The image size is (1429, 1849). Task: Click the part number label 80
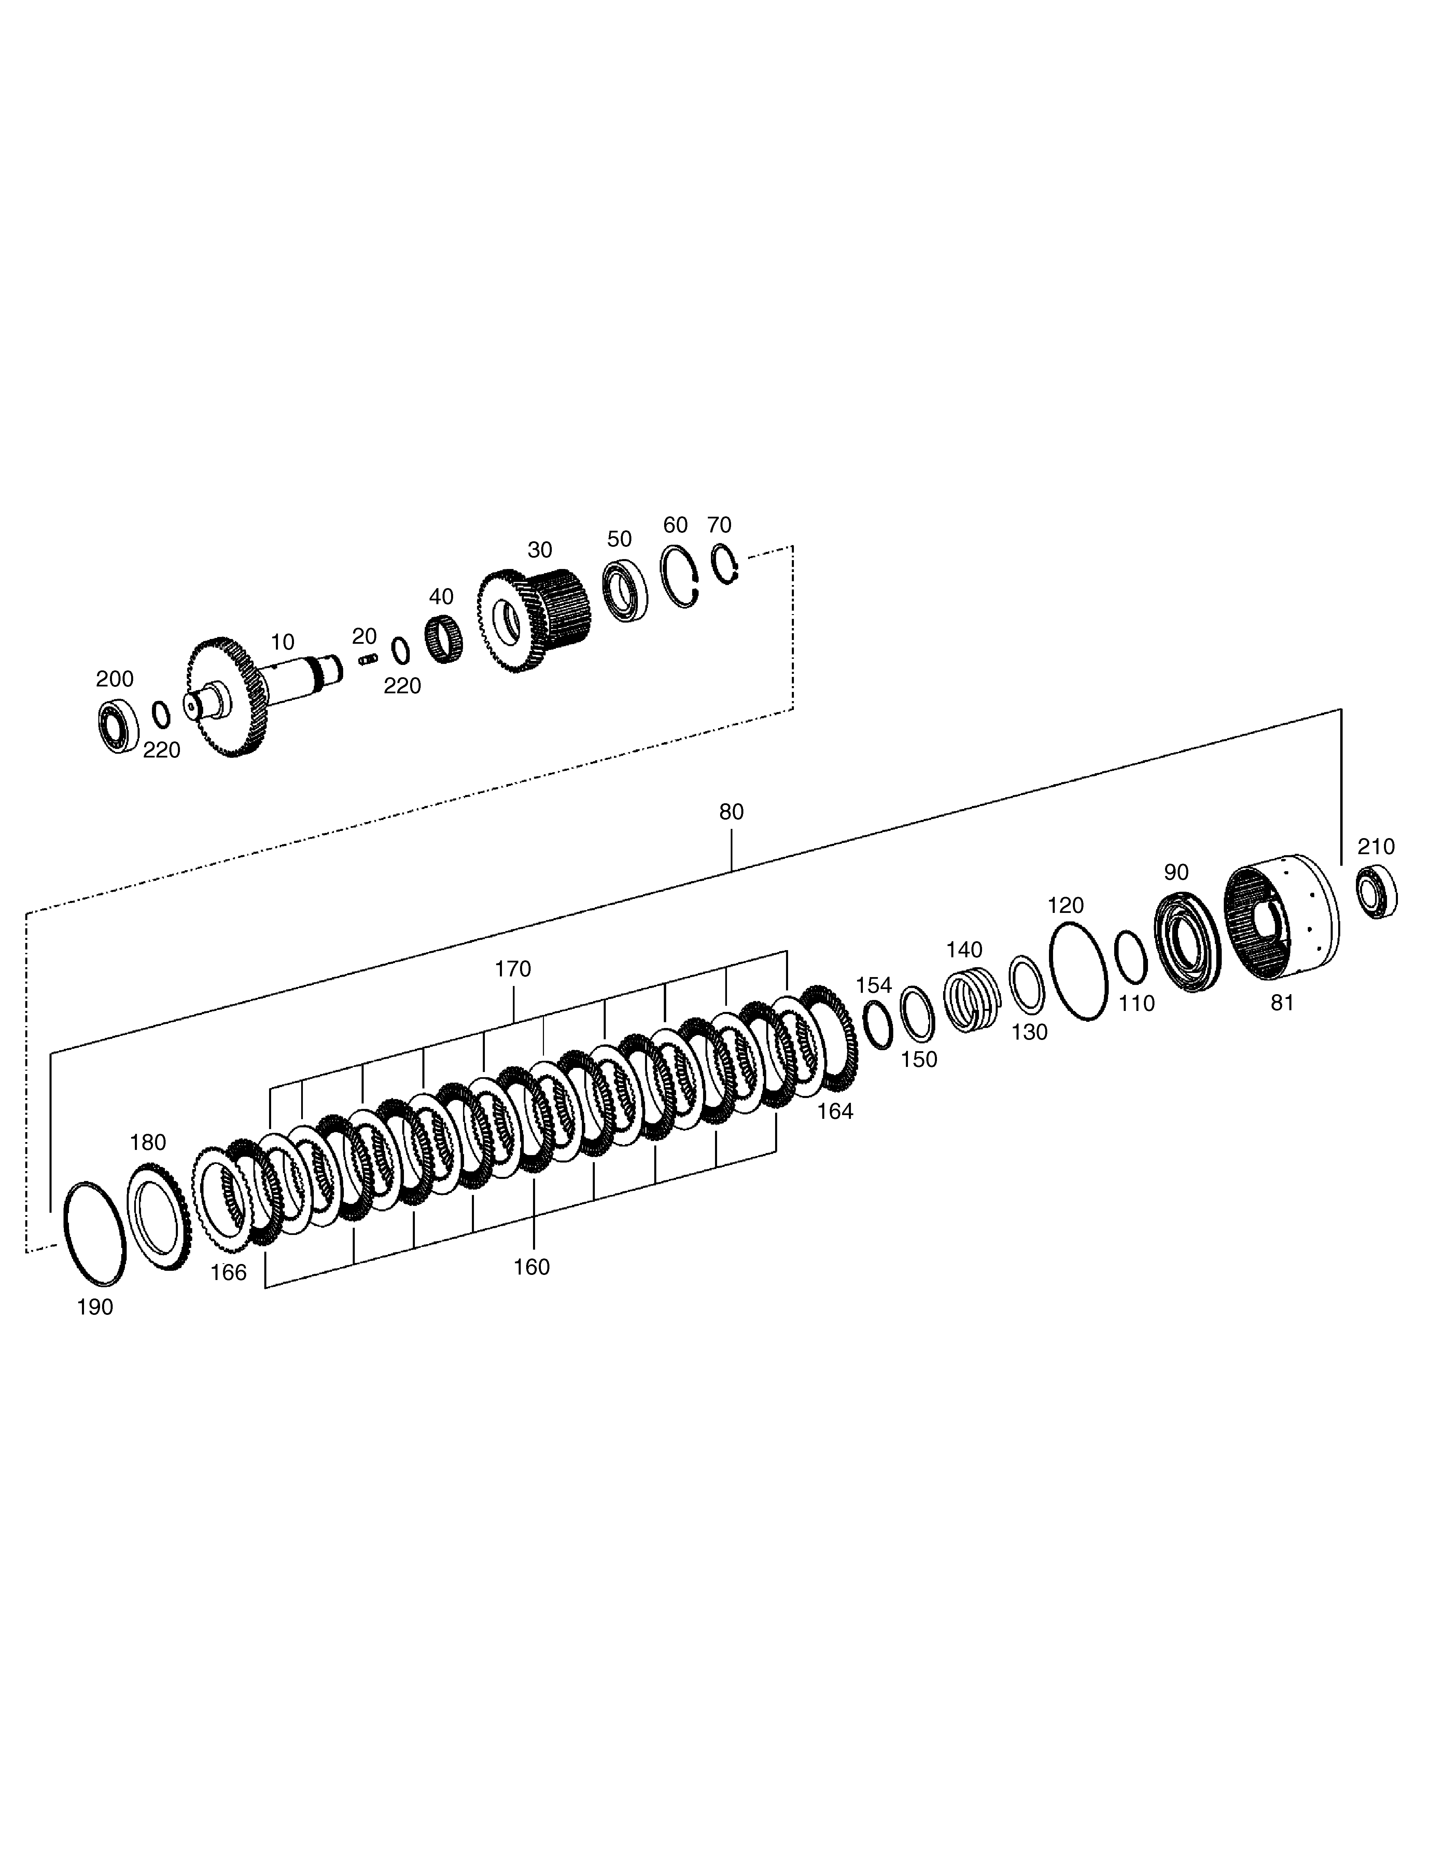[x=731, y=812]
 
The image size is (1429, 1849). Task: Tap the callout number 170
[x=513, y=969]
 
